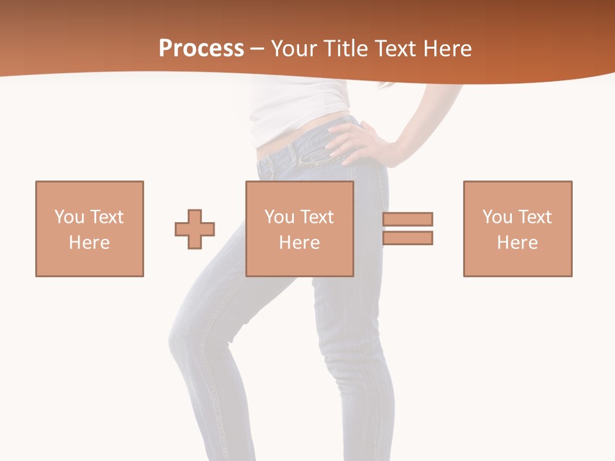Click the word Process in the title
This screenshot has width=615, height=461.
tap(201, 49)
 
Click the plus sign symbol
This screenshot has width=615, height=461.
tap(195, 229)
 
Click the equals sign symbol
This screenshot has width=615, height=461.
tap(407, 229)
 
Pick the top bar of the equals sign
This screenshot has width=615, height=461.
tap(407, 220)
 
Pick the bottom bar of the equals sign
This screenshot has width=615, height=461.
tap(407, 238)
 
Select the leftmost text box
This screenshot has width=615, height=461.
tap(90, 229)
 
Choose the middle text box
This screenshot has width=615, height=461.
tap(300, 229)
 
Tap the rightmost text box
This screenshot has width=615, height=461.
tap(518, 229)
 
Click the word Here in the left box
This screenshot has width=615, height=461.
tap(90, 243)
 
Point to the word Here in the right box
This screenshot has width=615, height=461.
tap(518, 243)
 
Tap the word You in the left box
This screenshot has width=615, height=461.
tap(70, 217)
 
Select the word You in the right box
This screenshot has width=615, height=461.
tap(498, 217)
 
